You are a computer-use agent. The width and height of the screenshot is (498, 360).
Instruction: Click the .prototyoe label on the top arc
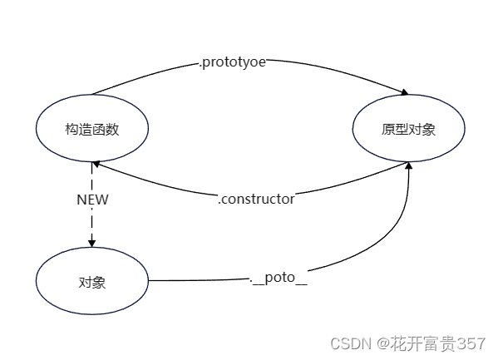coord(233,62)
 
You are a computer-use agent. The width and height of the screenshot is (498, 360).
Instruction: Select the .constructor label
coord(256,200)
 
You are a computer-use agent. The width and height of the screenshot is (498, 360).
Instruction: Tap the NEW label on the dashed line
coord(92,200)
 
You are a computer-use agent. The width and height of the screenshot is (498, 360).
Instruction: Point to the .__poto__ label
coord(279,278)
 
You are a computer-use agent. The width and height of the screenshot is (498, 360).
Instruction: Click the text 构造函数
coord(92,130)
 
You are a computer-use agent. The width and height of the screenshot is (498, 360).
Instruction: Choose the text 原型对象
coord(408,130)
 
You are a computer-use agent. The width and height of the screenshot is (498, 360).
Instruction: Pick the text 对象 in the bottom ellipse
coord(92,282)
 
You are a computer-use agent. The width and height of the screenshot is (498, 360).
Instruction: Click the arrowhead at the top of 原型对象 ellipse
coord(404,92)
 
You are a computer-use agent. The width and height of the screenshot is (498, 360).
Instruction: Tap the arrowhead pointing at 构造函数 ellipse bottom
coord(96,164)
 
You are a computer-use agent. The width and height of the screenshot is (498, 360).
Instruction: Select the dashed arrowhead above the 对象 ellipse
coord(91,243)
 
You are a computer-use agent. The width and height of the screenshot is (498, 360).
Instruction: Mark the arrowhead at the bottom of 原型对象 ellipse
coord(409,165)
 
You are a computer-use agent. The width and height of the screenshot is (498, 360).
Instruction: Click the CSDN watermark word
coord(351,343)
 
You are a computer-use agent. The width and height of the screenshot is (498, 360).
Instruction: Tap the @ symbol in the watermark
coord(383,343)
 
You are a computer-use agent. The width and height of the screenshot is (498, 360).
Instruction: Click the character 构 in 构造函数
coord(71,130)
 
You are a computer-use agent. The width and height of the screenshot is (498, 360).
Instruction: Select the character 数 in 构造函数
coord(113,130)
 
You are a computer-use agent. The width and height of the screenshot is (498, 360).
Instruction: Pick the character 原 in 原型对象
coord(388,130)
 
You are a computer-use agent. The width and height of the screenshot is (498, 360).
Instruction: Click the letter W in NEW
coord(101,200)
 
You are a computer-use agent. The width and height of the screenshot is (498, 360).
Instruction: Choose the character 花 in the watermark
coord(398,343)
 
